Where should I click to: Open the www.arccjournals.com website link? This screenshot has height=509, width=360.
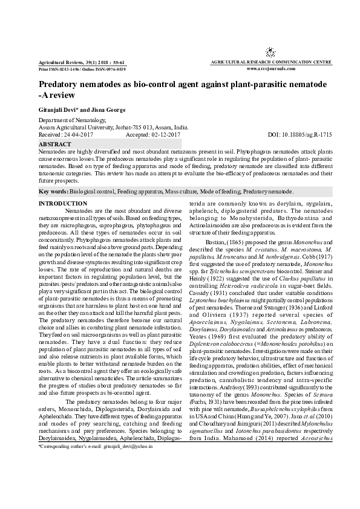(x=271, y=69)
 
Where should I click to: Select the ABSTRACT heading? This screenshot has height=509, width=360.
(x=54, y=145)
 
